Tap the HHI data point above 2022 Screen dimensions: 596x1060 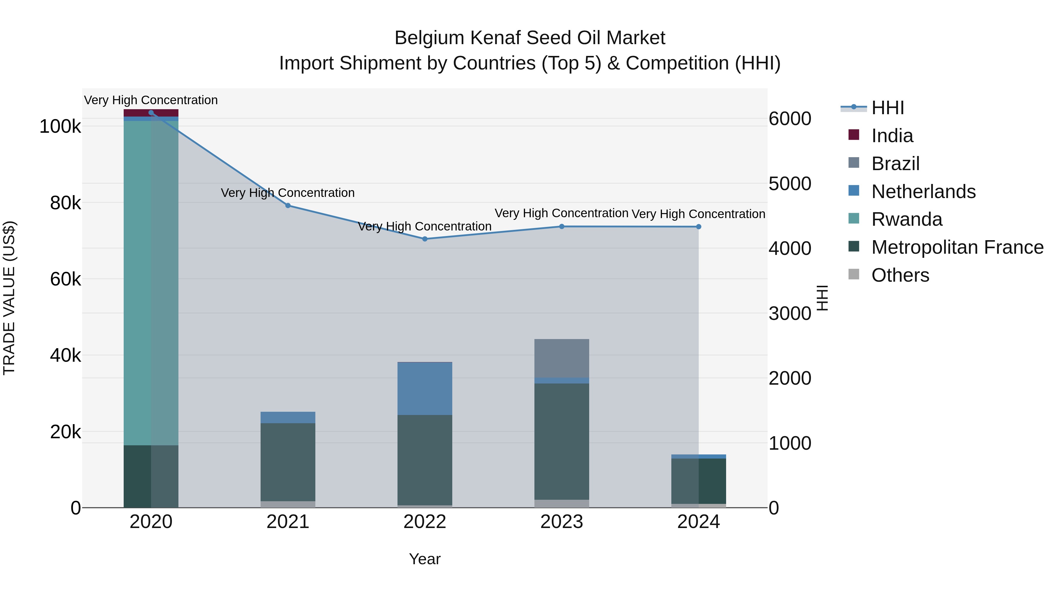pyautogui.click(x=425, y=239)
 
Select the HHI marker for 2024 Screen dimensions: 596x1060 pyautogui.click(x=698, y=227)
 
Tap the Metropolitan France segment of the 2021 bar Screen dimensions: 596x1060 pyautogui.click(x=288, y=461)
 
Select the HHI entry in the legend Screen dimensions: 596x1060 pyautogui.click(x=887, y=108)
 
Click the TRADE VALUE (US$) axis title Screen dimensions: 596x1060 pyautogui.click(x=9, y=298)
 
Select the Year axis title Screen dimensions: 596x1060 pyautogui.click(x=425, y=559)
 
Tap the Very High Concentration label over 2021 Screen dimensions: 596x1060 pyautogui.click(x=288, y=192)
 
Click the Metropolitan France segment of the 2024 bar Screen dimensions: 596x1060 pyautogui.click(x=698, y=480)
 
